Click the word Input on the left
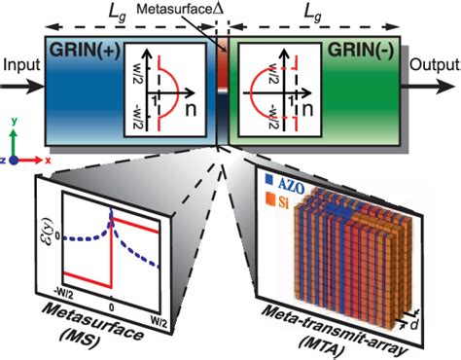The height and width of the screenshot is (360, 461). click(x=18, y=65)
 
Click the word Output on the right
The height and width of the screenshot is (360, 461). click(x=437, y=65)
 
